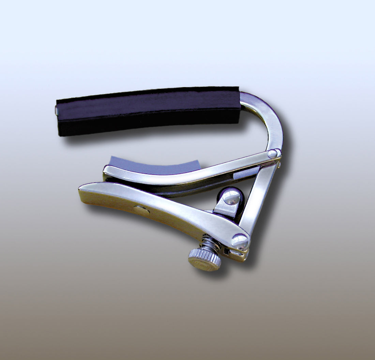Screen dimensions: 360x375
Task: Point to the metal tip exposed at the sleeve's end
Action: [57, 110]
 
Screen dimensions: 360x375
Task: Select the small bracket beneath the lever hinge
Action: [235, 254]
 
